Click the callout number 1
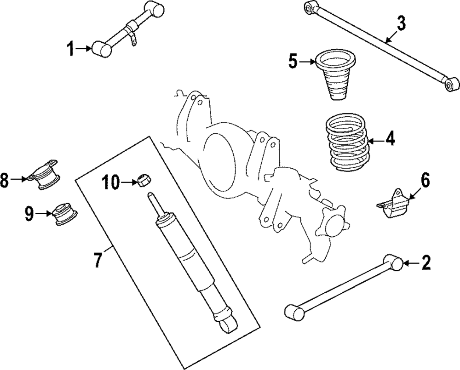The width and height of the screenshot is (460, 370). point(71,48)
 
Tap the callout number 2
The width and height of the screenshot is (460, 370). point(425,263)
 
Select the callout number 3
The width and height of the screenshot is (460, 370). point(401,23)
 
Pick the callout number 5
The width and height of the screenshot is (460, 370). point(293,62)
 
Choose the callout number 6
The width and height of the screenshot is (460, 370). point(425,181)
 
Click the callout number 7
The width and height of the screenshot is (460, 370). point(98,260)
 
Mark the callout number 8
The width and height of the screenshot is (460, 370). point(5,180)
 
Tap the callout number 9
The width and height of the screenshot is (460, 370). point(29,213)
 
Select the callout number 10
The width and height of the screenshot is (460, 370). point(112,183)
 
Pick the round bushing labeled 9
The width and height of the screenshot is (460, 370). point(64,215)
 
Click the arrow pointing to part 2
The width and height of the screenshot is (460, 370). point(411,263)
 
